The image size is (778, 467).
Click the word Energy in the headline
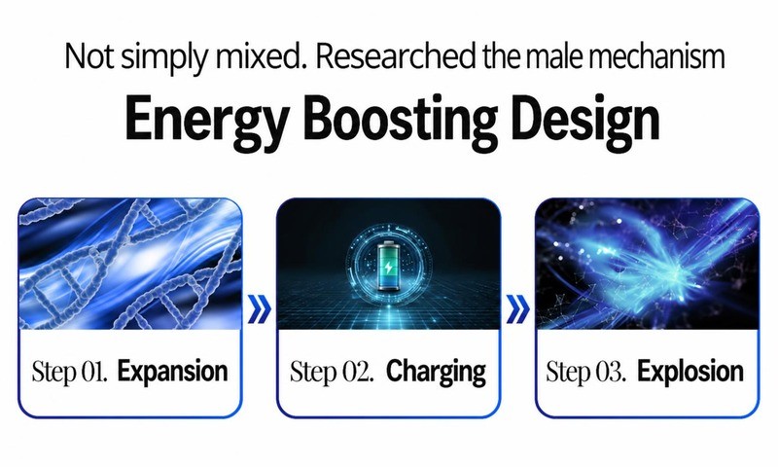click(207, 121)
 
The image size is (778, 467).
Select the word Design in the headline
click(585, 121)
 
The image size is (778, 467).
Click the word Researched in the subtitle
click(396, 56)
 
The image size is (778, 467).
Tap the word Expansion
click(173, 372)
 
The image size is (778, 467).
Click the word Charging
click(436, 372)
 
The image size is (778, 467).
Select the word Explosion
click(690, 372)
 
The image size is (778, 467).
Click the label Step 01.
click(69, 372)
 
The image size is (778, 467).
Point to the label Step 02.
click(332, 372)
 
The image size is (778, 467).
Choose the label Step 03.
click(585, 372)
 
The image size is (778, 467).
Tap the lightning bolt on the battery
click(388, 269)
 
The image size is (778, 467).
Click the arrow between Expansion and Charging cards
click(260, 308)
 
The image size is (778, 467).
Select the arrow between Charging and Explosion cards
click(518, 308)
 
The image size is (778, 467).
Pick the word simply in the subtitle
click(164, 57)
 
